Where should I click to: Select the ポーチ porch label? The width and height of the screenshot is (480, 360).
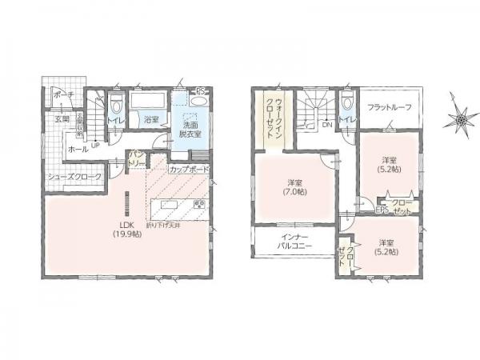point(63,95)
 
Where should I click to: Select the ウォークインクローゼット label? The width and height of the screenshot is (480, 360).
point(270,118)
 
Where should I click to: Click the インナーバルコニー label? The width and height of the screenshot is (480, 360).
point(296,242)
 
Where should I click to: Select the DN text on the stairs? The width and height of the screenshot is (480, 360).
point(326,126)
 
